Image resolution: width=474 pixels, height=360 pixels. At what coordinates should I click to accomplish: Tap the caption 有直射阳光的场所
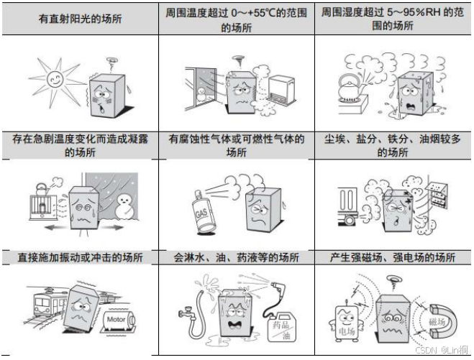pos(80,19)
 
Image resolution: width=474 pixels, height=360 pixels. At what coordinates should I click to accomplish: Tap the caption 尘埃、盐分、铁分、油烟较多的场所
pos(393,146)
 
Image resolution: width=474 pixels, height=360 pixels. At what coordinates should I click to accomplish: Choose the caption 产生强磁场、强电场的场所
pos(393,257)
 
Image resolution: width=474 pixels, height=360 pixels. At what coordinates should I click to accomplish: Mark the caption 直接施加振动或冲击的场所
pos(80,257)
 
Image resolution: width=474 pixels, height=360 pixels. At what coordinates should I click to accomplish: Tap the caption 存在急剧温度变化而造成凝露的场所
pos(80,146)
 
